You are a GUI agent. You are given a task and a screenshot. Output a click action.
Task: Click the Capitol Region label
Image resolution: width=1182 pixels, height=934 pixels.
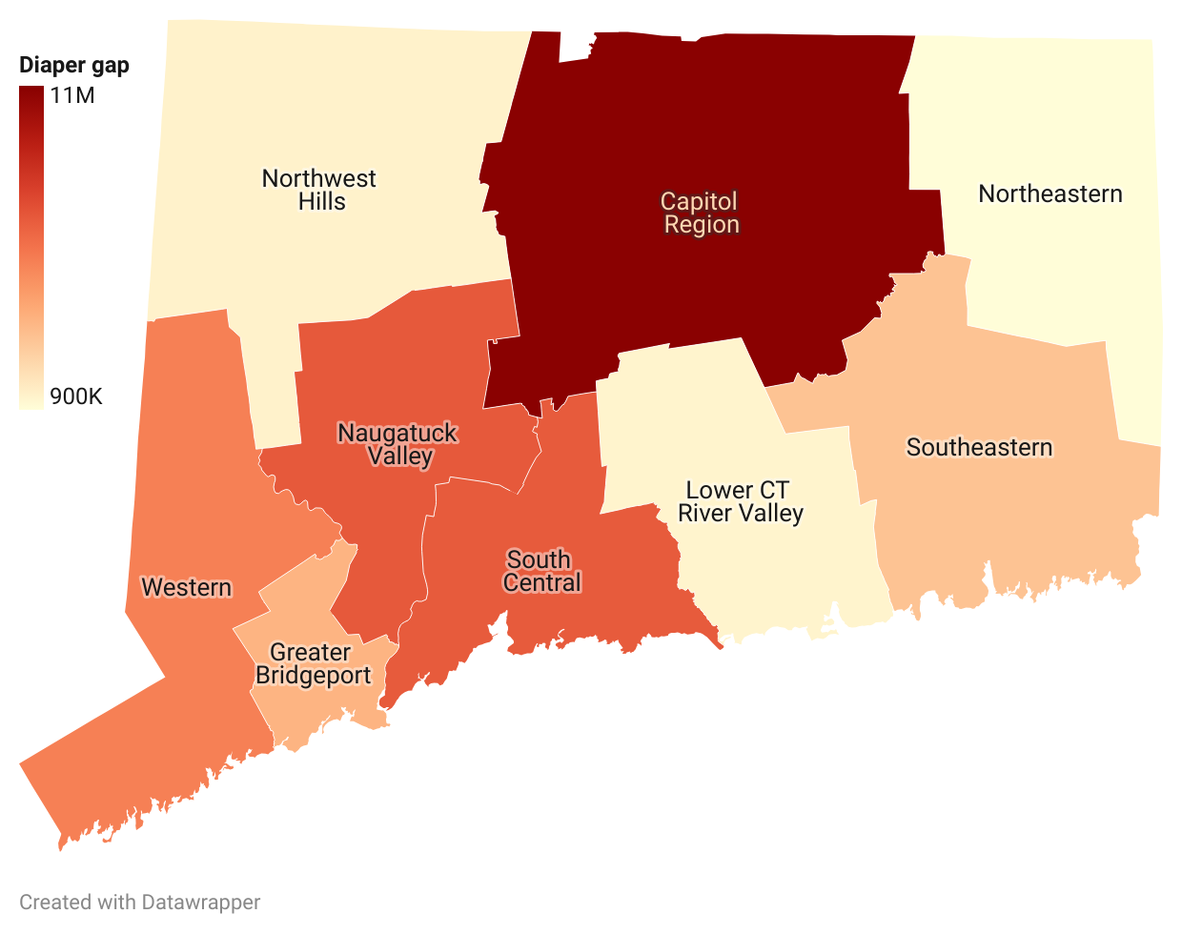point(701,213)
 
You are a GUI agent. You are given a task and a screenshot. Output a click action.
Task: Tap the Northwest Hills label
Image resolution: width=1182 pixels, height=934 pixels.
point(319,190)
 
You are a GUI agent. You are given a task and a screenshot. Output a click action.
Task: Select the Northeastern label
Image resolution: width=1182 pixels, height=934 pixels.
point(1050,194)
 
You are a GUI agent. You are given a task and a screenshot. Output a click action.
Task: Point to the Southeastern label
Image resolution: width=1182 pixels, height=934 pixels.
point(979,448)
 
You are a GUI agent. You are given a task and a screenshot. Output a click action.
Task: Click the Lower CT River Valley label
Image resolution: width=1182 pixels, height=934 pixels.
point(740,502)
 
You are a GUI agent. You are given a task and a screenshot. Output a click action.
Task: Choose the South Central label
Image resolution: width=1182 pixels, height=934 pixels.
point(540,571)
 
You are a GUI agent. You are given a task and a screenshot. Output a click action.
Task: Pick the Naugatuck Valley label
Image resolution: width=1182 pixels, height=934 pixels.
point(398,444)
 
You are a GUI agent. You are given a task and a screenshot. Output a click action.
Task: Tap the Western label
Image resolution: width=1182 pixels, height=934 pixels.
point(187,587)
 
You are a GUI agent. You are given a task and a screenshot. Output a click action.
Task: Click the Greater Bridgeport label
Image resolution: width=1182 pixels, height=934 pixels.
point(313,664)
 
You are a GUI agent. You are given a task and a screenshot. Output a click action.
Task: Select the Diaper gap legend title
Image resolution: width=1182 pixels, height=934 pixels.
point(74,66)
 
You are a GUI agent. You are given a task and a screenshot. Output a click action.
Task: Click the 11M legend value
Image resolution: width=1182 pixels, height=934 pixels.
point(73,95)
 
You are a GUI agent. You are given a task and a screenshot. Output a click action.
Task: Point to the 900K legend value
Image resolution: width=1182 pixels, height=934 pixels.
point(76,396)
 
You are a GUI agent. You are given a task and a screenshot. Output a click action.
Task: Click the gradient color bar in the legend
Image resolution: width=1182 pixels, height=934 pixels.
point(31,247)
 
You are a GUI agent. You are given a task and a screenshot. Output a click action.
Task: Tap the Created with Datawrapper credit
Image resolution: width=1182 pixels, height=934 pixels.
point(139,903)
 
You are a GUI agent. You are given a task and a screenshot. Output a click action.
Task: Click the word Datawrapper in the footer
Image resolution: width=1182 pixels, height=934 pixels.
point(200,903)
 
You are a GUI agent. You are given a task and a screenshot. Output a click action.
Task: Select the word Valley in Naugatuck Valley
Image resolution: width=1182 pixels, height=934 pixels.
point(400,457)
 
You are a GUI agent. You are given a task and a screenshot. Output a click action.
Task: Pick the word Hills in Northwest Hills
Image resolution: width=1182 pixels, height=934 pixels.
point(322,202)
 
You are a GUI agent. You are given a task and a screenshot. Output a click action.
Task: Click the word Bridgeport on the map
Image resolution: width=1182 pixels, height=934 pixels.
point(313,676)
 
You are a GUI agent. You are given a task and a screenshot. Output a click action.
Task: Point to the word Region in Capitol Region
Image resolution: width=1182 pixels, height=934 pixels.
point(702,225)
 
